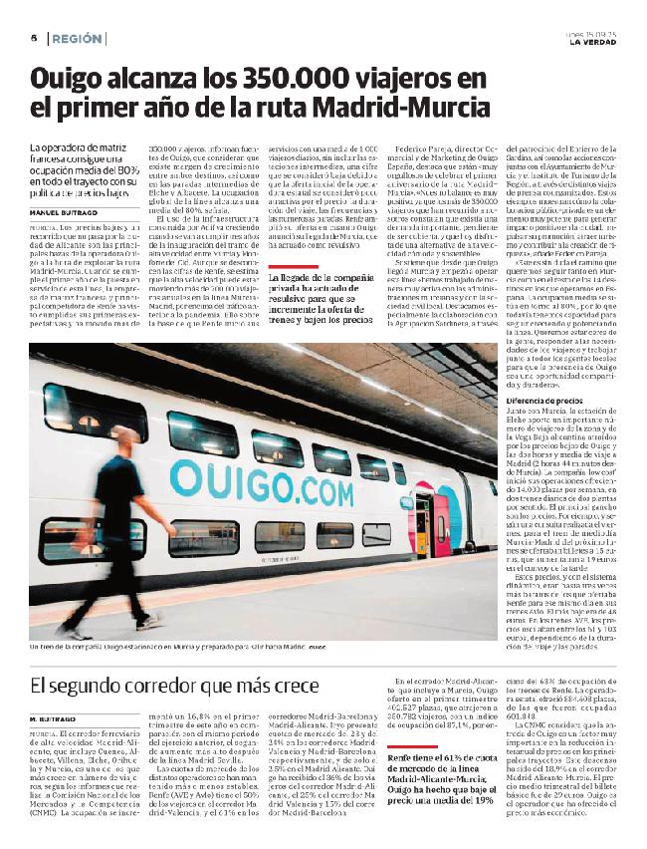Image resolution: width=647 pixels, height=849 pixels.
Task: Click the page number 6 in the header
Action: (x=34, y=38)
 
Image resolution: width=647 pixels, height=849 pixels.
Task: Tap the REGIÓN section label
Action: (x=78, y=38)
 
